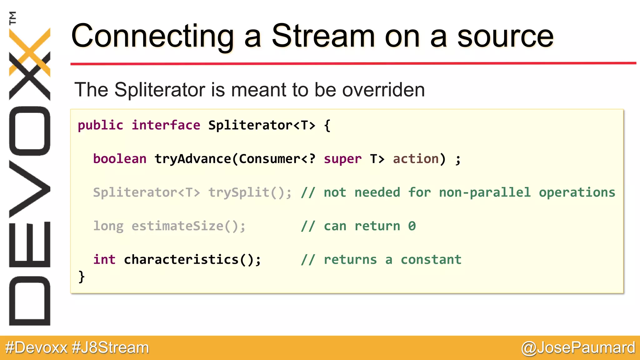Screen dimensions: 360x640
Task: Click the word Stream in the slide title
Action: (323, 36)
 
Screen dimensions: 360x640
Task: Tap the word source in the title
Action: (505, 37)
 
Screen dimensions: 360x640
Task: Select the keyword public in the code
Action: (100, 125)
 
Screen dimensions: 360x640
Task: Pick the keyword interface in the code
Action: (166, 125)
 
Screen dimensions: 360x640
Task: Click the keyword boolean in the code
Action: (120, 159)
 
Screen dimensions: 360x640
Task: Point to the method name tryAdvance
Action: (192, 159)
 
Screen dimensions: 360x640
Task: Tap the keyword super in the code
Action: (342, 159)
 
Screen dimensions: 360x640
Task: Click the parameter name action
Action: (416, 159)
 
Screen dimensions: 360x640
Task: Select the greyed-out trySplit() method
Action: (250, 192)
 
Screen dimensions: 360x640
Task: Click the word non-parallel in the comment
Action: (485, 192)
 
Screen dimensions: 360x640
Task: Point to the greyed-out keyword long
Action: (108, 226)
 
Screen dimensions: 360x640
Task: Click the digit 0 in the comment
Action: (412, 226)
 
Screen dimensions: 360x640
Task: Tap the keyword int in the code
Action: (104, 260)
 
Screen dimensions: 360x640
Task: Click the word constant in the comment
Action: (431, 260)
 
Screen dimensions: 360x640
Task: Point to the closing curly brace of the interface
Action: (81, 277)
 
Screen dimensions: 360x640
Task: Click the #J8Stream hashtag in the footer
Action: (110, 347)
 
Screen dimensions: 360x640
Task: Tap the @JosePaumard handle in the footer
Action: (578, 347)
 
